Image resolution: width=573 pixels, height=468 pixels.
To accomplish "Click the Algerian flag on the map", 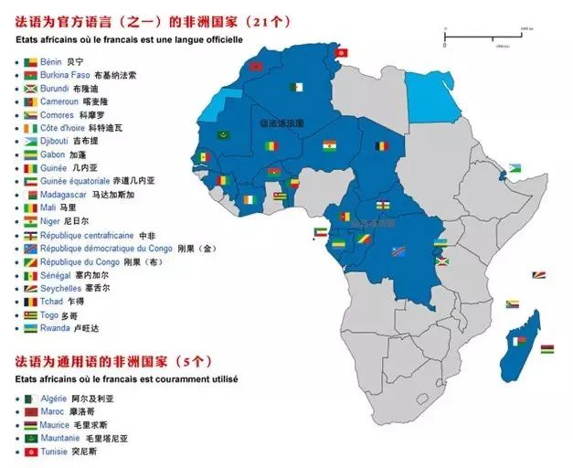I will [x=295, y=89].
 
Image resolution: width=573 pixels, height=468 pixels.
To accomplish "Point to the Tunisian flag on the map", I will [x=341, y=52].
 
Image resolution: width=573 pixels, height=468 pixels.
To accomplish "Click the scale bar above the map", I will [x=484, y=37].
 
